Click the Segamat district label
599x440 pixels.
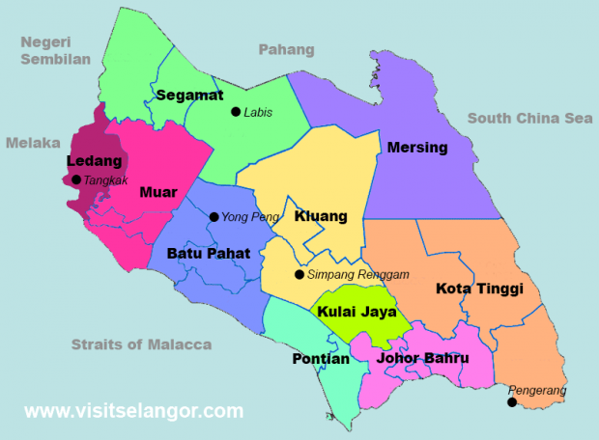coord(188,96)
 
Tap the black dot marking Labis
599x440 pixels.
coord(236,112)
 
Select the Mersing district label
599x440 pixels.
coord(417,148)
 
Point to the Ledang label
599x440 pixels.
coord(94,160)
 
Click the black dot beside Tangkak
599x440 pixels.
coord(76,179)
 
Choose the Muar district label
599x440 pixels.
coord(157,192)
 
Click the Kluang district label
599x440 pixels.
coord(321,216)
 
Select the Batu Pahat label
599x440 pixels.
coord(209,254)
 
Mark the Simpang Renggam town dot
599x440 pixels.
coord(299,274)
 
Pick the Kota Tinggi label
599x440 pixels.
coord(479,289)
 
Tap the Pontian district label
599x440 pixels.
coord(320,359)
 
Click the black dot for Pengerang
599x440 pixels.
coord(512,402)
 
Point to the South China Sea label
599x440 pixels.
coord(528,119)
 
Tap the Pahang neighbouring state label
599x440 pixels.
coord(286,49)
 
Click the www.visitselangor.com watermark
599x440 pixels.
coord(133,411)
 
